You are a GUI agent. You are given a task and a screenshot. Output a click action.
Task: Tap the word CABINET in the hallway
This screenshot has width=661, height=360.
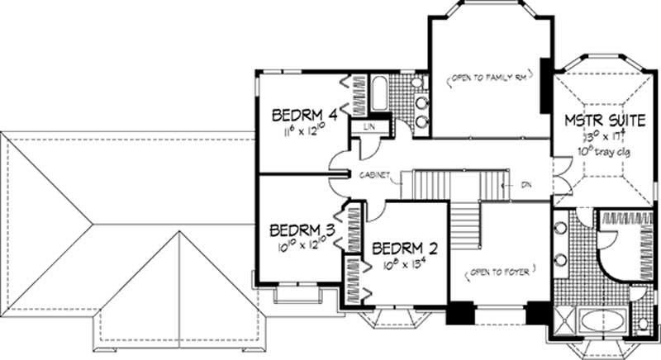tap(374, 175)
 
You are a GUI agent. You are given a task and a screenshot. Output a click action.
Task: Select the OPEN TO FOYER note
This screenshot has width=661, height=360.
tap(498, 269)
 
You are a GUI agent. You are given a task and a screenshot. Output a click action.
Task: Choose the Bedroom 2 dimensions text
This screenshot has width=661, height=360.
tap(402, 264)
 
